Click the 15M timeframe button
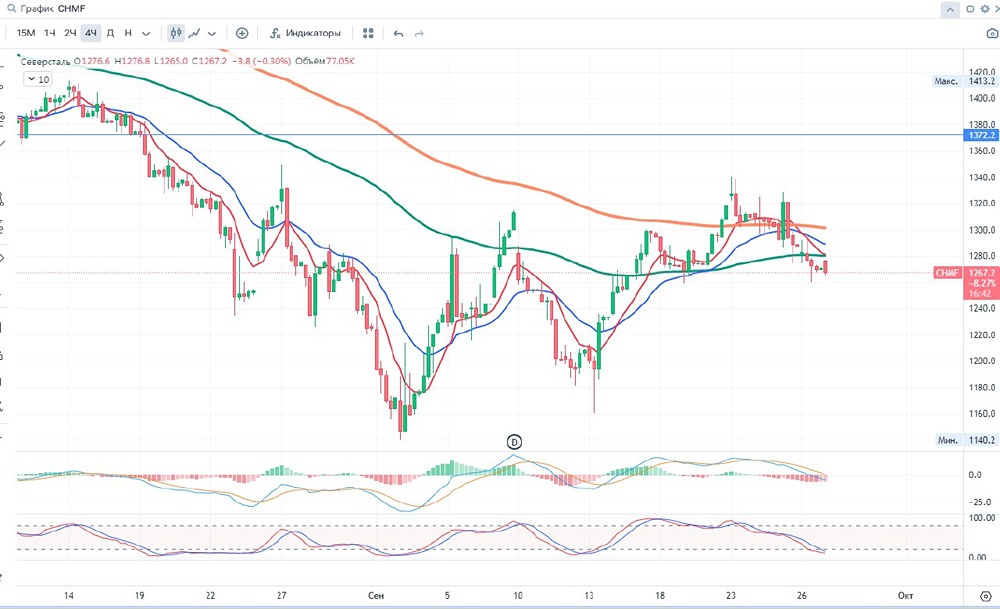24,33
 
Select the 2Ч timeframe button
69,33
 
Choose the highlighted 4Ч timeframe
91,33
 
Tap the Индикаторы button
305,33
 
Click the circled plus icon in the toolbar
242,33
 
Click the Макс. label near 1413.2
947,81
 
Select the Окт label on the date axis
905,595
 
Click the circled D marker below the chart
515,441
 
